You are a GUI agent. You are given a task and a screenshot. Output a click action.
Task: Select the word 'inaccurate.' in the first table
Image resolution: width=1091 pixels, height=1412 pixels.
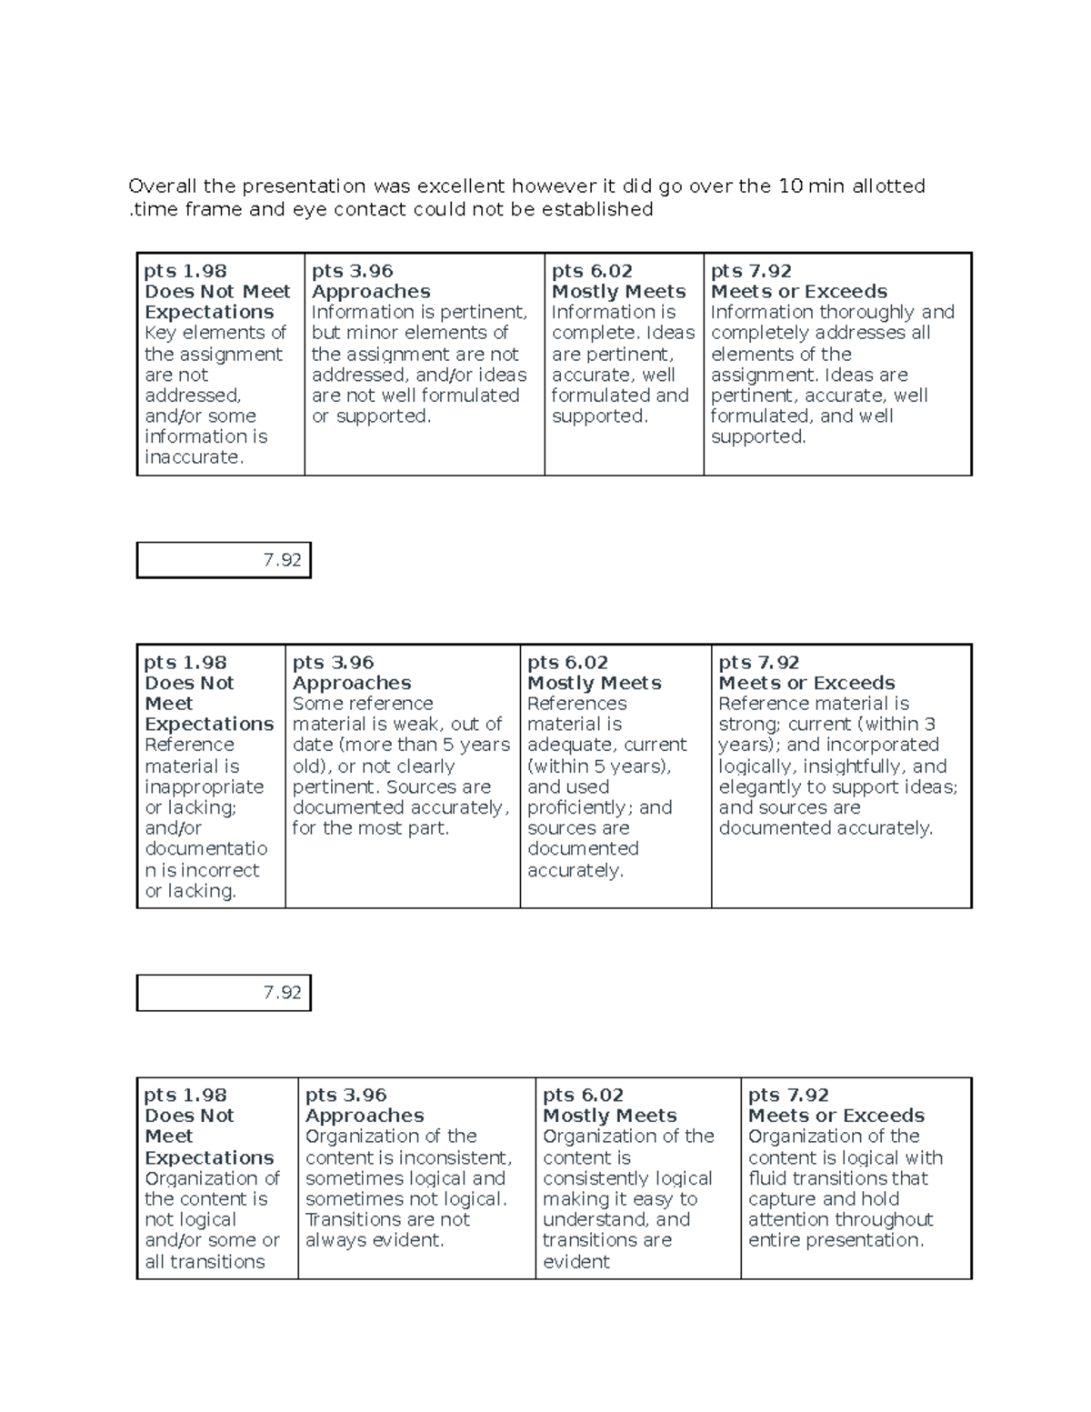(195, 457)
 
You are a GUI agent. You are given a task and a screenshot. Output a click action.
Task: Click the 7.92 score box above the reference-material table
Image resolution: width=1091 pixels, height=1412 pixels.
(224, 560)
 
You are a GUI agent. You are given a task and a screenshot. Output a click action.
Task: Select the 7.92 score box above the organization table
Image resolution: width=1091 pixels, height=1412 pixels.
(224, 993)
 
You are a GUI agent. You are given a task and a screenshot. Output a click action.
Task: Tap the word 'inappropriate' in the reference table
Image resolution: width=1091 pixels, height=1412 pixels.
(205, 786)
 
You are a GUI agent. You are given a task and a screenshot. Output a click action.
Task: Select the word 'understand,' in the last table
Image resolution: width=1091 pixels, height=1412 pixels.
(595, 1219)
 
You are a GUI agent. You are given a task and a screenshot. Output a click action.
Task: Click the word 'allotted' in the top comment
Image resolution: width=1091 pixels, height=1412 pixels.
(888, 186)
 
